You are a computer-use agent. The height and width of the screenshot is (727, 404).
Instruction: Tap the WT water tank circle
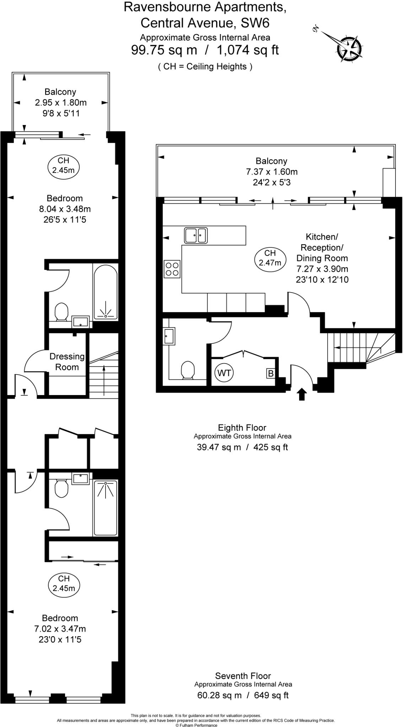(x=224, y=373)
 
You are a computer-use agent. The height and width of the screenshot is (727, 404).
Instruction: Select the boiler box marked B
(x=271, y=373)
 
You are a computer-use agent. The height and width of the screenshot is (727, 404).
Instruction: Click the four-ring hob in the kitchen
(x=172, y=269)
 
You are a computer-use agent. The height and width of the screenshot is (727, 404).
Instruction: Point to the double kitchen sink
(x=196, y=235)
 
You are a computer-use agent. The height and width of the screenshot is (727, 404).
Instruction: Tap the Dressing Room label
(x=67, y=361)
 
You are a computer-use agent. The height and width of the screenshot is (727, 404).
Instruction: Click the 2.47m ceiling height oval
(x=270, y=258)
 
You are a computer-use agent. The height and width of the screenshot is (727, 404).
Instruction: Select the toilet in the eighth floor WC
(x=188, y=370)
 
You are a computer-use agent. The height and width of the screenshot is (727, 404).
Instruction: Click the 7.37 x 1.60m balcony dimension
(x=272, y=172)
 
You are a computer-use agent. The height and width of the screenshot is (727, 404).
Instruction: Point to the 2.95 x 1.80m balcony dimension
(x=60, y=103)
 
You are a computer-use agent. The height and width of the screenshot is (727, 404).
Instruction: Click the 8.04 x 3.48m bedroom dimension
(x=65, y=209)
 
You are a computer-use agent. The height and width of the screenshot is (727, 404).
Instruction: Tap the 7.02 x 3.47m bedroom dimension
(x=60, y=629)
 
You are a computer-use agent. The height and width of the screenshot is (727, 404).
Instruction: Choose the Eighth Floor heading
(x=242, y=427)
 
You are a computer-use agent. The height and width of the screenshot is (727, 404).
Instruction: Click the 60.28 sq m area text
(x=219, y=695)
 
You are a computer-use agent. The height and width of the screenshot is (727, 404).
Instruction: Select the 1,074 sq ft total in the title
(x=248, y=50)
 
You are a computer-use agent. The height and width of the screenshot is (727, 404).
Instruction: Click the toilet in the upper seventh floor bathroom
(x=61, y=311)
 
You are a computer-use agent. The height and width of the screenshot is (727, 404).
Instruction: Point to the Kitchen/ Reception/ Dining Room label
(x=322, y=247)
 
